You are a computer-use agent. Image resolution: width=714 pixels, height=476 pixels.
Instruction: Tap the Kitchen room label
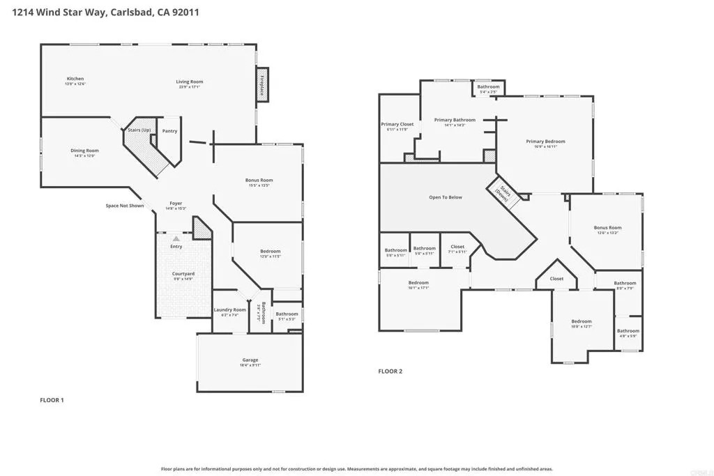(x=75, y=79)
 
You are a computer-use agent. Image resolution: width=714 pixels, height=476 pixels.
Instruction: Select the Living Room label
(x=189, y=82)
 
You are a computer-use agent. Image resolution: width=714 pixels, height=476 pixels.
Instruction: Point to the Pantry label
(x=169, y=131)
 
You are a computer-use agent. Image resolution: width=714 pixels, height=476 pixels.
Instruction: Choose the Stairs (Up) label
(x=139, y=130)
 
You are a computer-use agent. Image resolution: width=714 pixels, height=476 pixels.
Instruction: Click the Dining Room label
(x=84, y=151)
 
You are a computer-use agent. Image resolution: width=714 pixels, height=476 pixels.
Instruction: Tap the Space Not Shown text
(x=125, y=206)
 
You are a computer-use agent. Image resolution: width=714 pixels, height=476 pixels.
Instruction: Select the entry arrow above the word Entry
(x=176, y=239)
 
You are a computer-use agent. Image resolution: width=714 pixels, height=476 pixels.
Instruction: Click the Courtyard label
(x=183, y=274)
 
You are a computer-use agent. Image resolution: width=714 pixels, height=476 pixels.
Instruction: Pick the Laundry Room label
(x=229, y=309)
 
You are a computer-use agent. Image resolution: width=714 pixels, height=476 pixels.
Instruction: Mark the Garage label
(x=250, y=360)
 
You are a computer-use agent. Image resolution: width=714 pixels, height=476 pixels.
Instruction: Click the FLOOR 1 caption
(x=52, y=400)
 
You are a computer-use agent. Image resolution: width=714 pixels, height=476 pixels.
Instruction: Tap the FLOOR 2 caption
(x=390, y=371)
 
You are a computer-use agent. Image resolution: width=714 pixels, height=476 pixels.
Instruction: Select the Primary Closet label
(x=397, y=124)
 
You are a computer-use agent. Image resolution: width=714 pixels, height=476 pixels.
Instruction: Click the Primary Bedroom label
(x=545, y=141)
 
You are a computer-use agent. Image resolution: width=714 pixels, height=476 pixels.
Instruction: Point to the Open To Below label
(x=446, y=197)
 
